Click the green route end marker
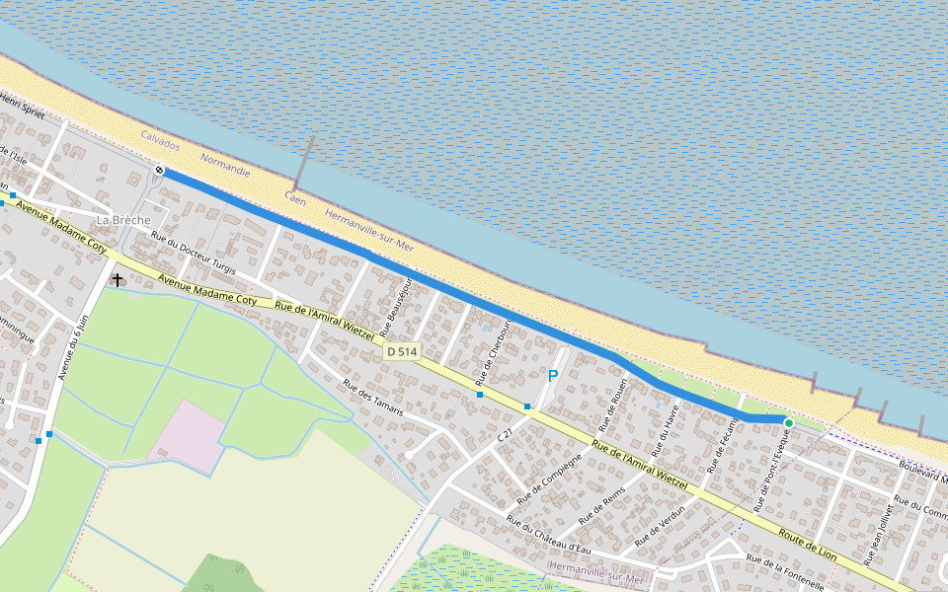click(x=788, y=423)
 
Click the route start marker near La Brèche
click(x=159, y=171)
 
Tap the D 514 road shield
click(x=403, y=351)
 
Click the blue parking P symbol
click(x=553, y=376)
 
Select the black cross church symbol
click(x=118, y=280)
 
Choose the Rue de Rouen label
click(x=612, y=406)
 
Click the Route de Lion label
click(x=808, y=546)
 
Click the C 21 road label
click(x=505, y=435)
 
